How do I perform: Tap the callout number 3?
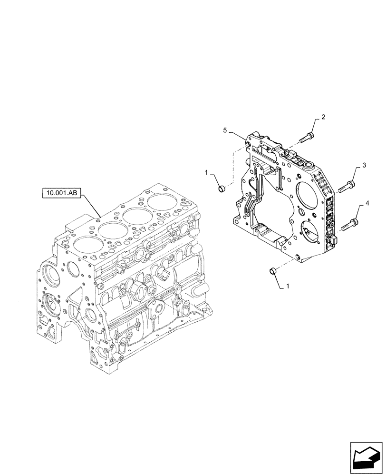pos(364,165)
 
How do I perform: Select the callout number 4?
pos(367,204)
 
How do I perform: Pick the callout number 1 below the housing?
pos(288,287)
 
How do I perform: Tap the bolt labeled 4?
pos(347,224)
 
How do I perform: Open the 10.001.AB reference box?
pos(62,193)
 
